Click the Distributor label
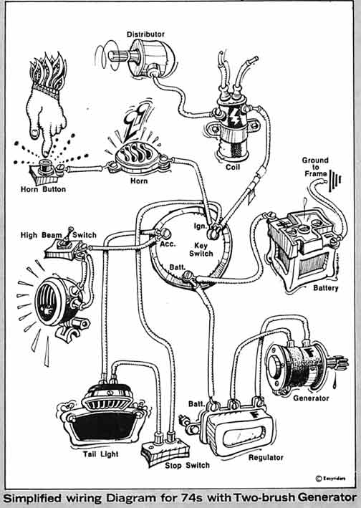click(145, 34)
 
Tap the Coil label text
click(233, 167)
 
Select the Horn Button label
click(43, 189)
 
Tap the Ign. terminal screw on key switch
click(213, 232)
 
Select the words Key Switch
click(201, 249)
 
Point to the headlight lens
click(47, 301)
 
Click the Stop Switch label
click(187, 466)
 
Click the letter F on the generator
click(309, 353)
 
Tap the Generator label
click(311, 398)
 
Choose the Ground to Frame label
click(315, 167)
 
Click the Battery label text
click(325, 288)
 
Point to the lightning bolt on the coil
click(234, 117)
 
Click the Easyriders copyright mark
click(330, 478)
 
